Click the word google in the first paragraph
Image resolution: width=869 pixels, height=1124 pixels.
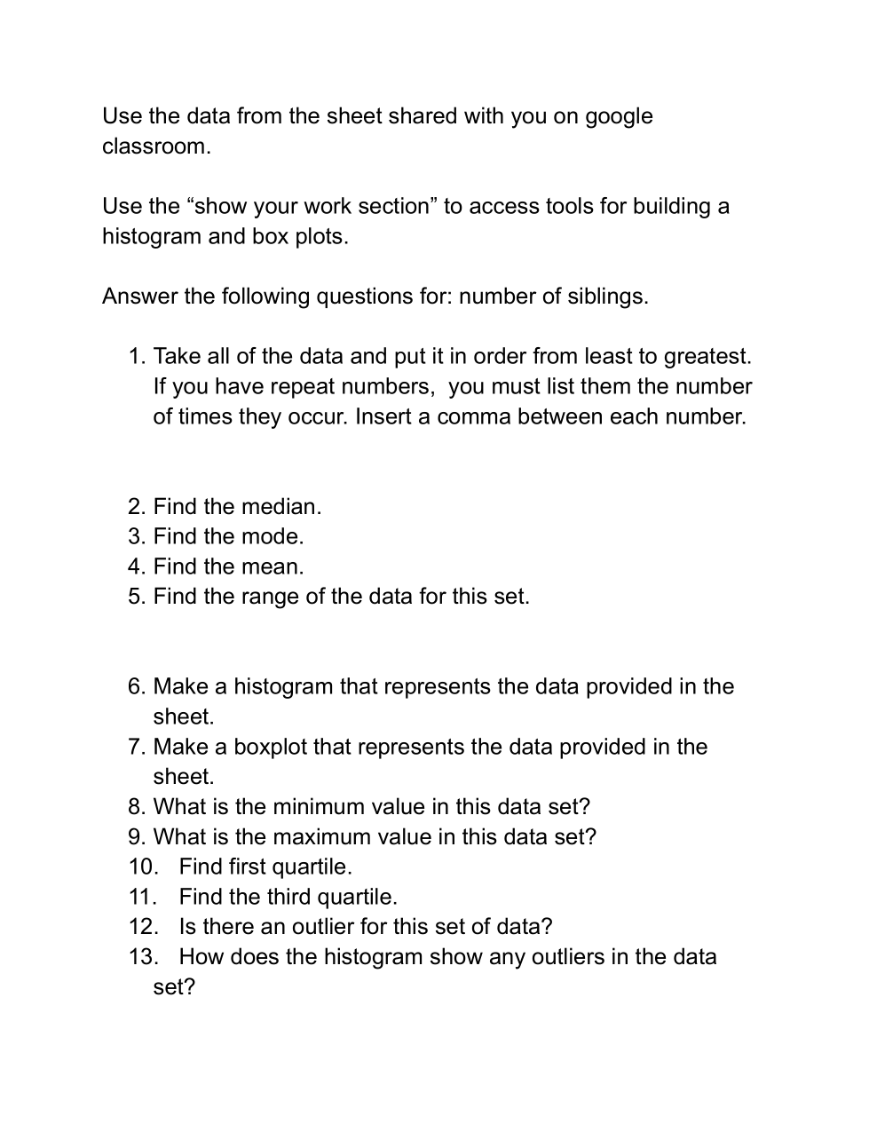[x=618, y=116]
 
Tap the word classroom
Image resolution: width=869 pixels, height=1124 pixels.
[x=155, y=146]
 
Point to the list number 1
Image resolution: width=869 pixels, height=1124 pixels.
[x=136, y=357]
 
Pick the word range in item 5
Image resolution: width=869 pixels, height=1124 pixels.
[x=270, y=597]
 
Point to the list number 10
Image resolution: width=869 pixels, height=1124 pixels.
[x=142, y=867]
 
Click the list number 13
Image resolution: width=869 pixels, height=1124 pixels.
[x=142, y=957]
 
